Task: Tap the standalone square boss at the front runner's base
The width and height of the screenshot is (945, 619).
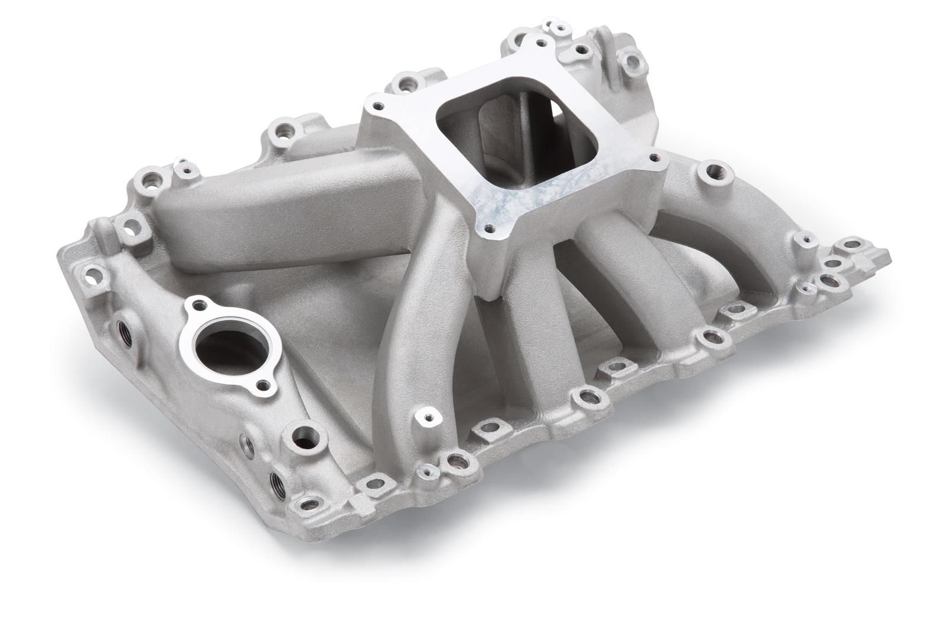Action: [x=426, y=420]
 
